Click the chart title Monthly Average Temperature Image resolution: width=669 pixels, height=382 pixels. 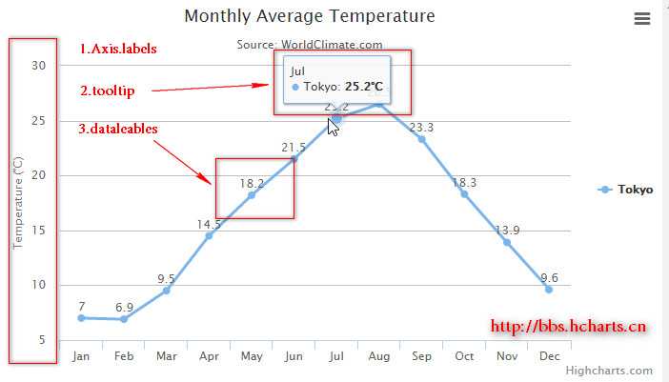[x=310, y=16]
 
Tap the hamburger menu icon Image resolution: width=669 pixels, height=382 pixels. [x=642, y=18]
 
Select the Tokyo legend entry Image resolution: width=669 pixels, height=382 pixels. [x=626, y=190]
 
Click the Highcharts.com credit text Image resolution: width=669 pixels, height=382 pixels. [x=609, y=371]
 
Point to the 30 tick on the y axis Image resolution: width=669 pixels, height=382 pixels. [x=38, y=65]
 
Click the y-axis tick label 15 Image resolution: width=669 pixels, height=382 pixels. [x=38, y=231]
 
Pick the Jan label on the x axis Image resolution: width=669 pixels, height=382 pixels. [x=81, y=356]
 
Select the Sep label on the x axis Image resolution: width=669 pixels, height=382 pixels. [x=421, y=356]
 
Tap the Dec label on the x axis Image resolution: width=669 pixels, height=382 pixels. [x=549, y=356]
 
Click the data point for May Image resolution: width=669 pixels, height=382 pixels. [x=252, y=195]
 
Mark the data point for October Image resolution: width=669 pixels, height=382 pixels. [x=464, y=194]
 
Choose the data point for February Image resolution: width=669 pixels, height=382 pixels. [x=124, y=319]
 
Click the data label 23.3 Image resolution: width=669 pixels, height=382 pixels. [x=421, y=128]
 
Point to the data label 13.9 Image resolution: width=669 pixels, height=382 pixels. [x=507, y=231]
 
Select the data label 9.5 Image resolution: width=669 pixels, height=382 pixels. [x=166, y=279]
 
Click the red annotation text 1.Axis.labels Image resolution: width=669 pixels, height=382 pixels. [x=118, y=49]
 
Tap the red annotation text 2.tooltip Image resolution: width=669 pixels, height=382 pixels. [x=108, y=90]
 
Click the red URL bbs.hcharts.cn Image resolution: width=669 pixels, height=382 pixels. [x=569, y=326]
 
